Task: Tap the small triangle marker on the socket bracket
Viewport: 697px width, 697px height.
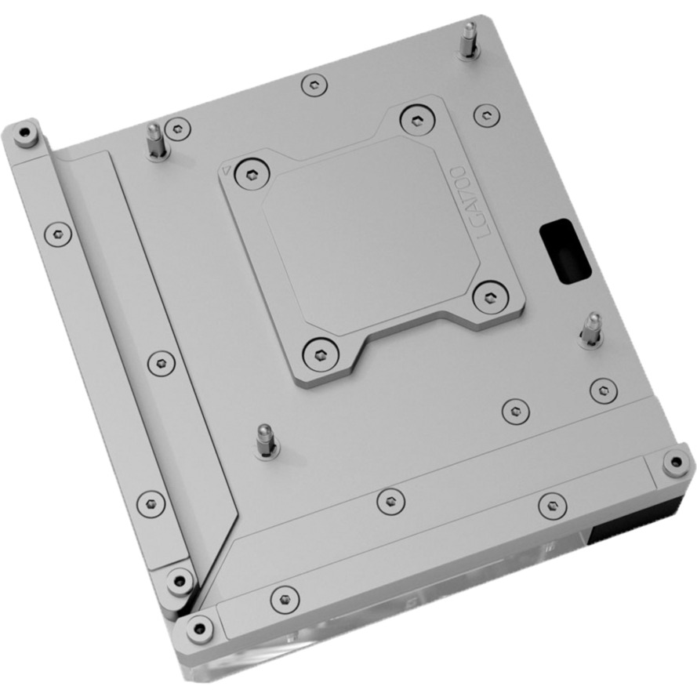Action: tap(226, 170)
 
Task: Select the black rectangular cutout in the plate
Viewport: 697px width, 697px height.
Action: tap(564, 251)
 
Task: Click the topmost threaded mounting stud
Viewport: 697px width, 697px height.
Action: tap(468, 41)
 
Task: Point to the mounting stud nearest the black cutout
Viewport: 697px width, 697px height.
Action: tap(592, 329)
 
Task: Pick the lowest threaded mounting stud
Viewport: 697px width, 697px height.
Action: tap(266, 441)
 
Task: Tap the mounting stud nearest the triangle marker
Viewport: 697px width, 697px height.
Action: tap(155, 141)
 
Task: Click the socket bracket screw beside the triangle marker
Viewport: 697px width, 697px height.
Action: tap(252, 175)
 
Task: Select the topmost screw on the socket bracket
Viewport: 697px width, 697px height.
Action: tap(417, 121)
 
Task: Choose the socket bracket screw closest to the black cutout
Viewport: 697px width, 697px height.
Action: tap(490, 297)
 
